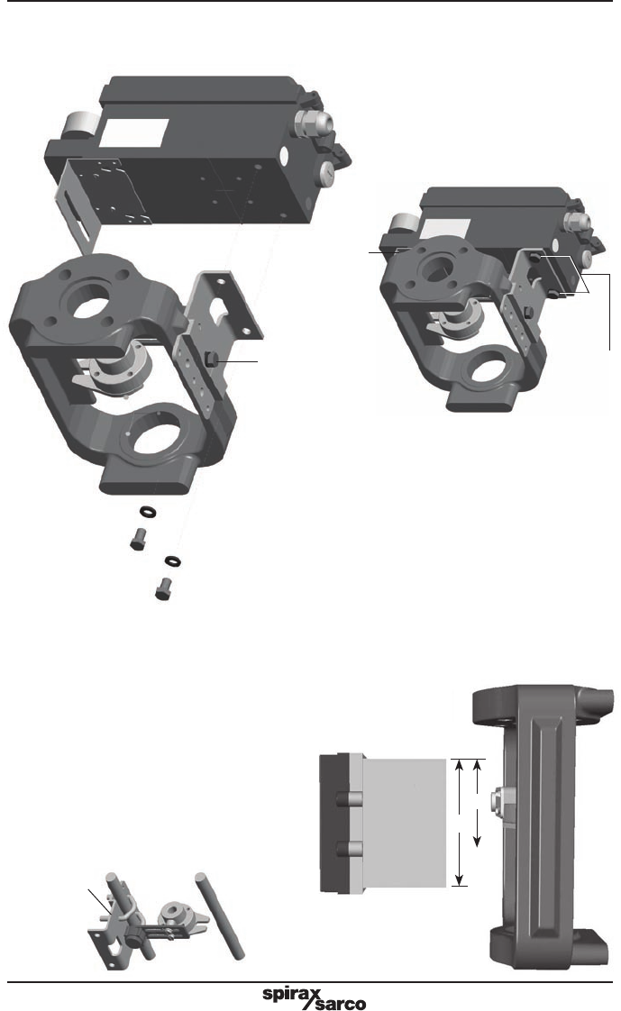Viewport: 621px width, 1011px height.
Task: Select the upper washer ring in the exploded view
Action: point(149,511)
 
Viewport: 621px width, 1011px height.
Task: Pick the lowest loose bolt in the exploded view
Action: point(164,588)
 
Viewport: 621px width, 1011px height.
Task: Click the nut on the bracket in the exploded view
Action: point(213,360)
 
